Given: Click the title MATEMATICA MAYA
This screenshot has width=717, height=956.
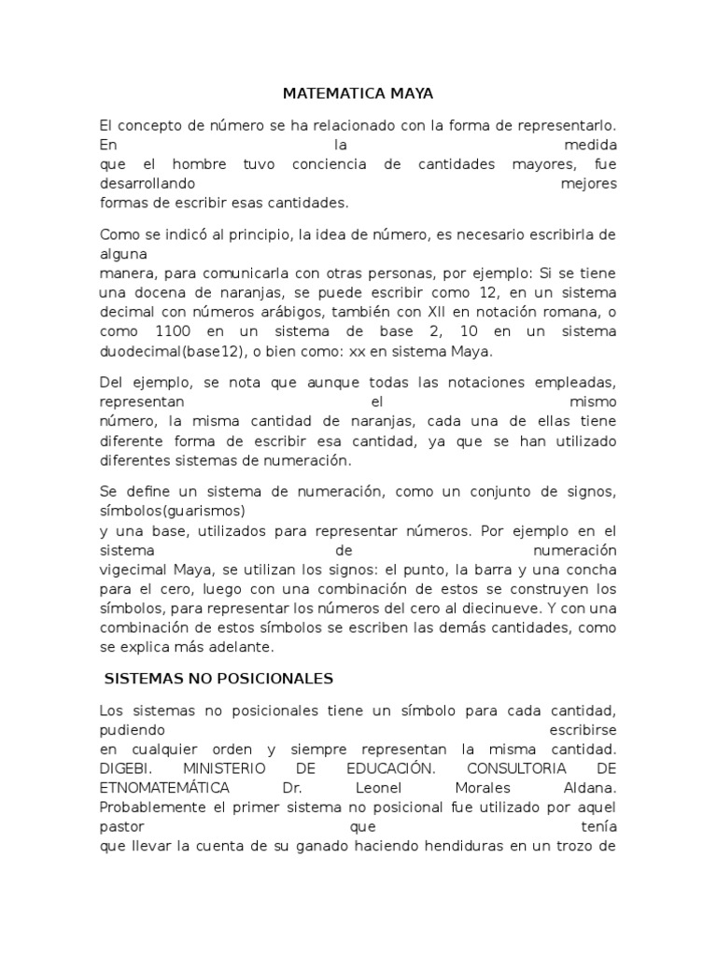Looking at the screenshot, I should coord(358,94).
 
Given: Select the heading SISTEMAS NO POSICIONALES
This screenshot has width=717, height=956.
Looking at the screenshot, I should coord(218,678).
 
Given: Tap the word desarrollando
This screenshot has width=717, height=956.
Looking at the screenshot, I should coord(148,184).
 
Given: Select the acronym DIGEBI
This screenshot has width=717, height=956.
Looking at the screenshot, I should coord(123,768).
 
